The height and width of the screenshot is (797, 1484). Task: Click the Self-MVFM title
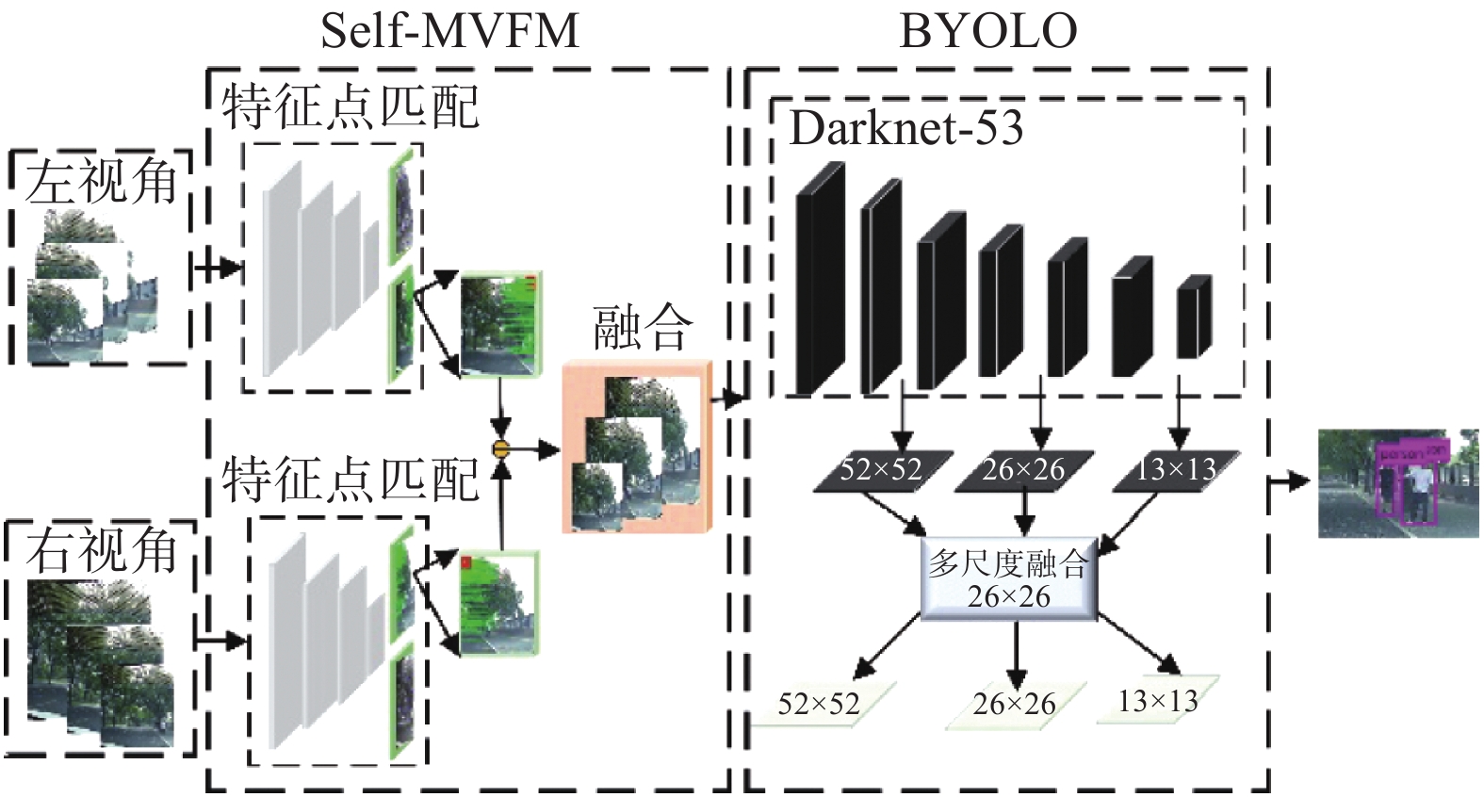pos(449,30)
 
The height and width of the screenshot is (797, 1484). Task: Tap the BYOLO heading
pos(987,30)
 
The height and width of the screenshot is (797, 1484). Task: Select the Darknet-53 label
pos(905,128)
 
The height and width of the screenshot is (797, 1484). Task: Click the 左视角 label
pos(101,182)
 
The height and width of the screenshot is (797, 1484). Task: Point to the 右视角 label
pos(101,550)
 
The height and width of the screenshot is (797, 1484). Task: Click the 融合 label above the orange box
pos(642,328)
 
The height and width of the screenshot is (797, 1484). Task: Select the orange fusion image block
pos(637,448)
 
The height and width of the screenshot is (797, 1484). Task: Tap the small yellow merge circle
pos(501,448)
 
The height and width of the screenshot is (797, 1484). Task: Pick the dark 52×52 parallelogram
pos(880,470)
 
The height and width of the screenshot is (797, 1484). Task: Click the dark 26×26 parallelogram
pos(1023,470)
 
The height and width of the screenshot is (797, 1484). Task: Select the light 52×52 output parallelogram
pos(819,704)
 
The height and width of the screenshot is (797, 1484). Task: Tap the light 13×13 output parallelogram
pos(1158,701)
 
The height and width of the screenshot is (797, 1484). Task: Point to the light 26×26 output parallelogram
pos(1014,704)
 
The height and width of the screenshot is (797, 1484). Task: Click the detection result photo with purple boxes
pos(1397,483)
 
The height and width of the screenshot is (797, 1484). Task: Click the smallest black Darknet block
pos(1194,317)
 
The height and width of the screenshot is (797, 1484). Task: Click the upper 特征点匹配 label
pos(351,106)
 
